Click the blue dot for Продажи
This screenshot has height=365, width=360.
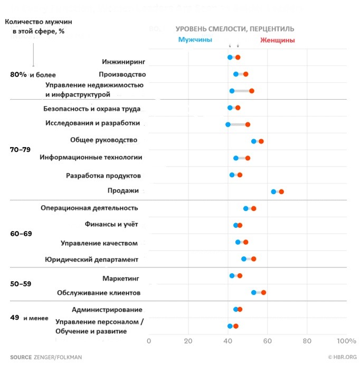[x=273, y=191]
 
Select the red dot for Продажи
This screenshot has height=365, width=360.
[x=281, y=191]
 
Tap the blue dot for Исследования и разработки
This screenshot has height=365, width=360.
[x=228, y=124]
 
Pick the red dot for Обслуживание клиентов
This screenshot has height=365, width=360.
[x=263, y=292]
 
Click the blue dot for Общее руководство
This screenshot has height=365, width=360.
[x=254, y=141]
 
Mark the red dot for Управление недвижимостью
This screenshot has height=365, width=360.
[x=252, y=91]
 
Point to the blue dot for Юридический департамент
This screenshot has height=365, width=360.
[x=244, y=259]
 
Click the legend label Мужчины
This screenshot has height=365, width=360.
[x=195, y=40]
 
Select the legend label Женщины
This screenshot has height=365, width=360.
[x=278, y=40]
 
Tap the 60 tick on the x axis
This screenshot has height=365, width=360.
[x=268, y=340]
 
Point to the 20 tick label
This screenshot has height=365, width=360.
[x=188, y=340]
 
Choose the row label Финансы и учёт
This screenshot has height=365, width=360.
[x=111, y=224]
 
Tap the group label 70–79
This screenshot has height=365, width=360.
[x=21, y=149]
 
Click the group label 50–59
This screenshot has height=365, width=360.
[x=21, y=284]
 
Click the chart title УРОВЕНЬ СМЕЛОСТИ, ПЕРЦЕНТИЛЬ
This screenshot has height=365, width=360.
[x=235, y=28]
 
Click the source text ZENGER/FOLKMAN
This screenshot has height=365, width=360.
[x=54, y=357]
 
